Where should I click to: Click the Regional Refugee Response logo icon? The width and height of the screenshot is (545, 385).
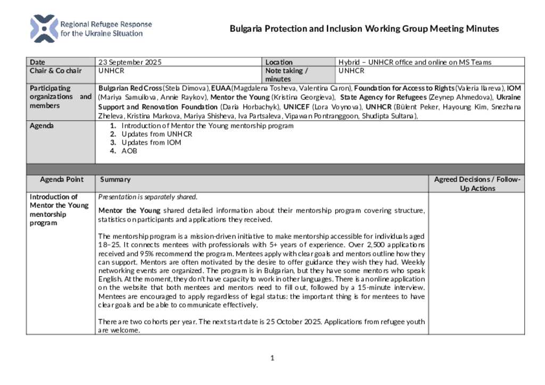pos(44,29)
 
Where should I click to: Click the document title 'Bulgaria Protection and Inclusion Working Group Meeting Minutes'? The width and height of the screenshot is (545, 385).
pos(364,29)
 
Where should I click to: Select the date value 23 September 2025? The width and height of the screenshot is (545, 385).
pos(130,62)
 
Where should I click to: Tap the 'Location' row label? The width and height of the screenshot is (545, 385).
pos(279,62)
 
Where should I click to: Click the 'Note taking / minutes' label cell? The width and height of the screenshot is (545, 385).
pos(286,74)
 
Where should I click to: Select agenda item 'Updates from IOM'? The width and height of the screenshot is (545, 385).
pos(151,143)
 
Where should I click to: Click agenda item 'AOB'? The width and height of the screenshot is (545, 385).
pos(129,151)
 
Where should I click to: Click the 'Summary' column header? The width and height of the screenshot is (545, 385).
pos(112,180)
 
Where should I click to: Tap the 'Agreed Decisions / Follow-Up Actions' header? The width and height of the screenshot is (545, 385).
pos(477,184)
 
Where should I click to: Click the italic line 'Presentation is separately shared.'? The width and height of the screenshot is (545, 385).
pos(148,197)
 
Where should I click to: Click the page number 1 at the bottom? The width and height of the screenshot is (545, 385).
pos(272,358)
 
